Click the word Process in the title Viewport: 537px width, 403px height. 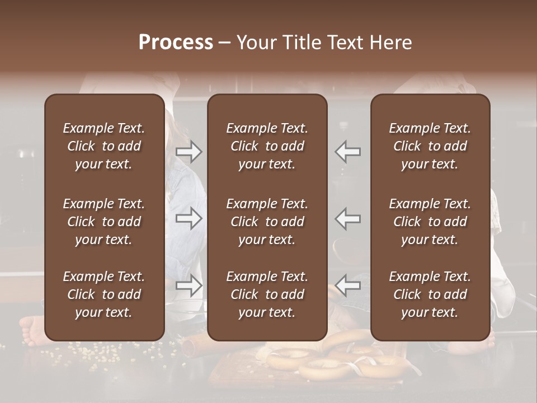click(x=176, y=43)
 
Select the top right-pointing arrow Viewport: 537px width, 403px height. click(x=189, y=152)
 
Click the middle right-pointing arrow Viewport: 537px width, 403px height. click(x=189, y=219)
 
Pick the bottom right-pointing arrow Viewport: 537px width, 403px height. click(x=189, y=286)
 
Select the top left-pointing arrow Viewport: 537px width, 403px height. click(x=348, y=152)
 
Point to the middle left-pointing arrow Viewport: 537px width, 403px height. click(x=348, y=219)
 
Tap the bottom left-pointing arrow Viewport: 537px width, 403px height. click(x=348, y=286)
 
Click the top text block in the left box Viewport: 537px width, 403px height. click(x=104, y=146)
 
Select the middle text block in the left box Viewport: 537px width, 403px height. click(x=104, y=222)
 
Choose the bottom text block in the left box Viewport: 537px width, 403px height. click(x=104, y=294)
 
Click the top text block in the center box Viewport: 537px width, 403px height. click(x=267, y=146)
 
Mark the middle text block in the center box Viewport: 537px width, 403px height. click(x=267, y=222)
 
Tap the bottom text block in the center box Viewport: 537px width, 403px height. click(x=267, y=294)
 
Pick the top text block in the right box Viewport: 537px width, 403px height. click(x=430, y=146)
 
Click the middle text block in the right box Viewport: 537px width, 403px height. click(x=430, y=222)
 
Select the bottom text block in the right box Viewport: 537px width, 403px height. click(x=430, y=294)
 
